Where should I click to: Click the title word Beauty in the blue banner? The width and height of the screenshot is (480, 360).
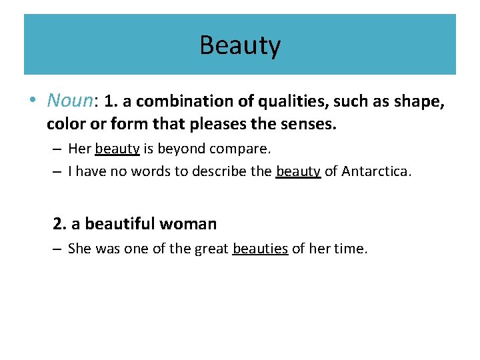click(240, 45)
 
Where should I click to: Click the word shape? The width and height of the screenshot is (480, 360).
click(417, 101)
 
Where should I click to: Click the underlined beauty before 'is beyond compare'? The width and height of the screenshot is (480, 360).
click(117, 149)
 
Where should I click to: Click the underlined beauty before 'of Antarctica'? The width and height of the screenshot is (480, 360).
click(298, 171)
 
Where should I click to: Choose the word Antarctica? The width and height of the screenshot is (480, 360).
click(377, 171)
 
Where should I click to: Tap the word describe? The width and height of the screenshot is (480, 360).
click(222, 171)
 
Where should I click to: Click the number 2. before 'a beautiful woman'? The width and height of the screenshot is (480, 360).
click(59, 223)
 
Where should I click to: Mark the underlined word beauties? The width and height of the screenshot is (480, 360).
click(260, 249)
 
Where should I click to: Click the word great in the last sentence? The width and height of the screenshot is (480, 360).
click(211, 249)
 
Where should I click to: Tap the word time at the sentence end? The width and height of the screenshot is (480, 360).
click(351, 249)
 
